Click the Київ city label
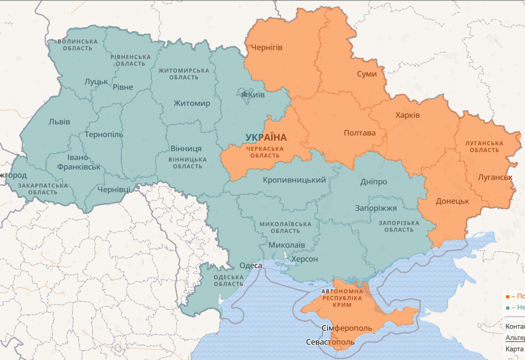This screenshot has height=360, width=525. [257, 95]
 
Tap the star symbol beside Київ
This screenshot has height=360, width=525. [244, 95]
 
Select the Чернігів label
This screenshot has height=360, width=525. [267, 48]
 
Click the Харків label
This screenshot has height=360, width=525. [408, 115]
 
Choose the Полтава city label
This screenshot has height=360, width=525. [360, 133]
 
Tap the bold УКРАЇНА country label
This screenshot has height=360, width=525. [266, 137]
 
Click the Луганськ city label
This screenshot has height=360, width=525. [495, 178]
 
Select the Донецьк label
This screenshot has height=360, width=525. [452, 201]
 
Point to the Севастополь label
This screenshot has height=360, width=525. [331, 342]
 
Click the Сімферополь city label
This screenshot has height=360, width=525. [347, 328]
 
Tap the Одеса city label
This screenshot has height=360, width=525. [251, 266]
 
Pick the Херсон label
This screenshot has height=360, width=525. [304, 259]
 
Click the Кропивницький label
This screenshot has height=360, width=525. [294, 180]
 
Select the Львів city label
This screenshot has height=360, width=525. [59, 122]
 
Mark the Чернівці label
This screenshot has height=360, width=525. [114, 189]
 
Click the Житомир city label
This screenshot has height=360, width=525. [192, 103]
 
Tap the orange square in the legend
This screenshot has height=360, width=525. [508, 296]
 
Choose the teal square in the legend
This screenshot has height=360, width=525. [508, 308]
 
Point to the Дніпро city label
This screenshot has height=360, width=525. [374, 182]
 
